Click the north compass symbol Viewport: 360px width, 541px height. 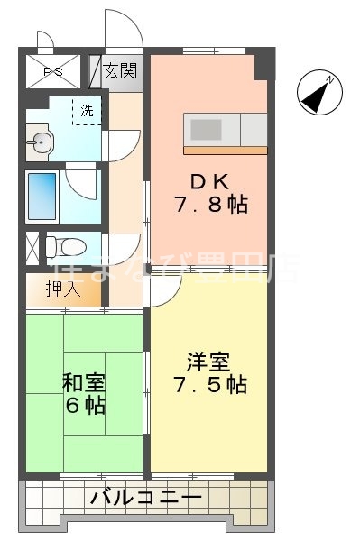tap(320, 93)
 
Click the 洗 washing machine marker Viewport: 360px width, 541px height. tap(87, 112)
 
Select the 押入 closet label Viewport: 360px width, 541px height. tap(63, 289)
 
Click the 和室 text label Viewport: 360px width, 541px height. tap(82, 381)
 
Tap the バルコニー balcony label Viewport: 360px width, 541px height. tap(144, 495)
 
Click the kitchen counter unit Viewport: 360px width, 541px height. tap(226, 129)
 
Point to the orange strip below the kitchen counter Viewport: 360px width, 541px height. tap(226, 149)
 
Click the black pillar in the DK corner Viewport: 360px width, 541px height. tap(262, 66)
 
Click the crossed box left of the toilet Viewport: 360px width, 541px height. tap(32, 246)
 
